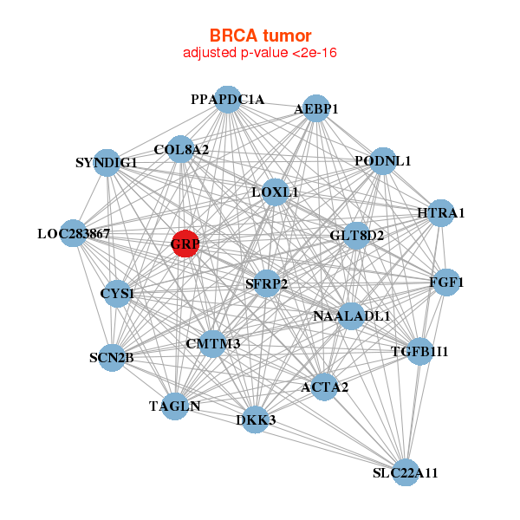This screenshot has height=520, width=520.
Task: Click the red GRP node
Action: (185, 244)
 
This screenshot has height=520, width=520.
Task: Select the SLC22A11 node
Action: (406, 472)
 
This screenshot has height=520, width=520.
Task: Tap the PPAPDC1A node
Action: (227, 100)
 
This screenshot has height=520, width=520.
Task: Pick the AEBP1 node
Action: (316, 108)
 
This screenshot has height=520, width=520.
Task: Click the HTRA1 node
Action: (441, 213)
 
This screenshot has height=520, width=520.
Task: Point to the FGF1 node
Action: (446, 283)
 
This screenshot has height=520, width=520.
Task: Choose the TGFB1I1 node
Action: (419, 351)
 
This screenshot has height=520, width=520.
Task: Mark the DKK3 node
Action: (256, 420)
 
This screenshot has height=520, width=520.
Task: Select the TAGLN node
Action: (175, 406)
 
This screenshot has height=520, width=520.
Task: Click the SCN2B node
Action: (111, 357)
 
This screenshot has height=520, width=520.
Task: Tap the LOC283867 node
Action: (74, 233)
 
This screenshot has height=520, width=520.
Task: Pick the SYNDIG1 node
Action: (107, 162)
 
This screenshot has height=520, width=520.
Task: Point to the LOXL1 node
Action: (275, 192)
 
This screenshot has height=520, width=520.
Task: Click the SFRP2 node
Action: (267, 283)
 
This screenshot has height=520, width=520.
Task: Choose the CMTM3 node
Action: (213, 344)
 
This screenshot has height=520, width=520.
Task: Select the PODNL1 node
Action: (382, 161)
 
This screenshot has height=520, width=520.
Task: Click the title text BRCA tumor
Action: (260, 36)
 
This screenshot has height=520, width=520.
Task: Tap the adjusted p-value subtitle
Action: (260, 53)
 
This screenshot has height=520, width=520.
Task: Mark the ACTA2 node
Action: (324, 387)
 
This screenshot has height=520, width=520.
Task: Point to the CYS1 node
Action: (117, 294)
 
